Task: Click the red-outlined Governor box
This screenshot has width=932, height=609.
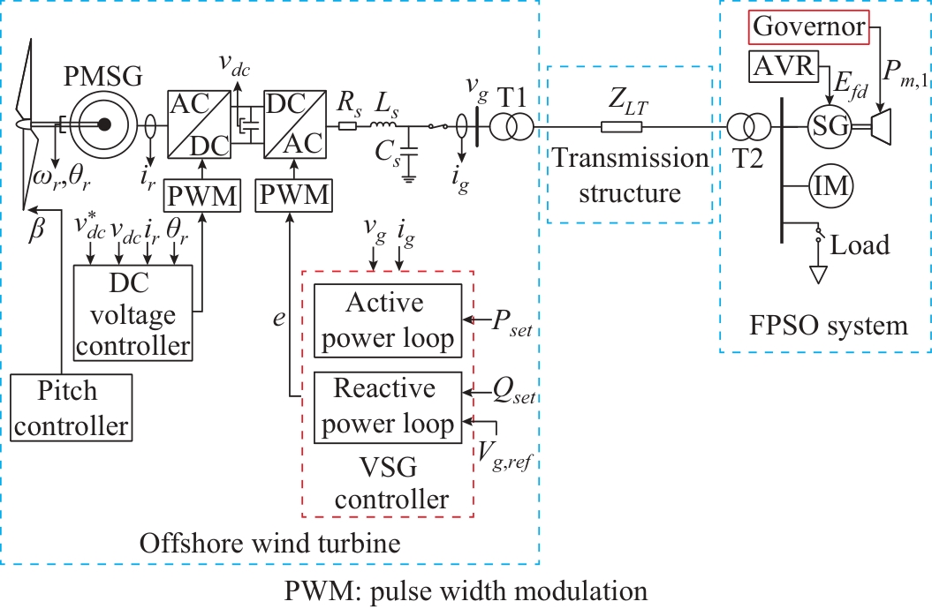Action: (809, 27)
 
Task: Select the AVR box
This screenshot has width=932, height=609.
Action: (783, 65)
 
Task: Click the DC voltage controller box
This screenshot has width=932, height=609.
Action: (133, 313)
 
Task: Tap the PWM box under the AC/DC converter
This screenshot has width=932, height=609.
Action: (202, 196)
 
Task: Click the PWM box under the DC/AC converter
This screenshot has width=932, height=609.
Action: (291, 195)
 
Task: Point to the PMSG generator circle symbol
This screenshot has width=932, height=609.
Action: (104, 125)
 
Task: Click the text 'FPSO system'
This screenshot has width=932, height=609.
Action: (827, 326)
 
